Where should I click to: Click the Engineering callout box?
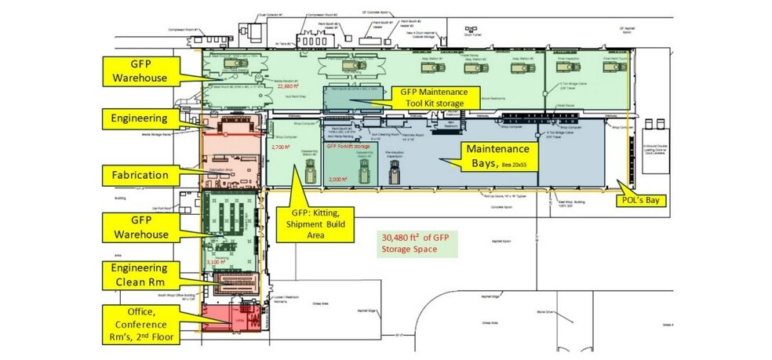[x=140, y=119]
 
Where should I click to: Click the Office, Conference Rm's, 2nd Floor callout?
[x=139, y=322]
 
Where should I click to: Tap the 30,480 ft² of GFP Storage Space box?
[x=416, y=244]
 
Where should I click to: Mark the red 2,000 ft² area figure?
[x=338, y=180]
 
